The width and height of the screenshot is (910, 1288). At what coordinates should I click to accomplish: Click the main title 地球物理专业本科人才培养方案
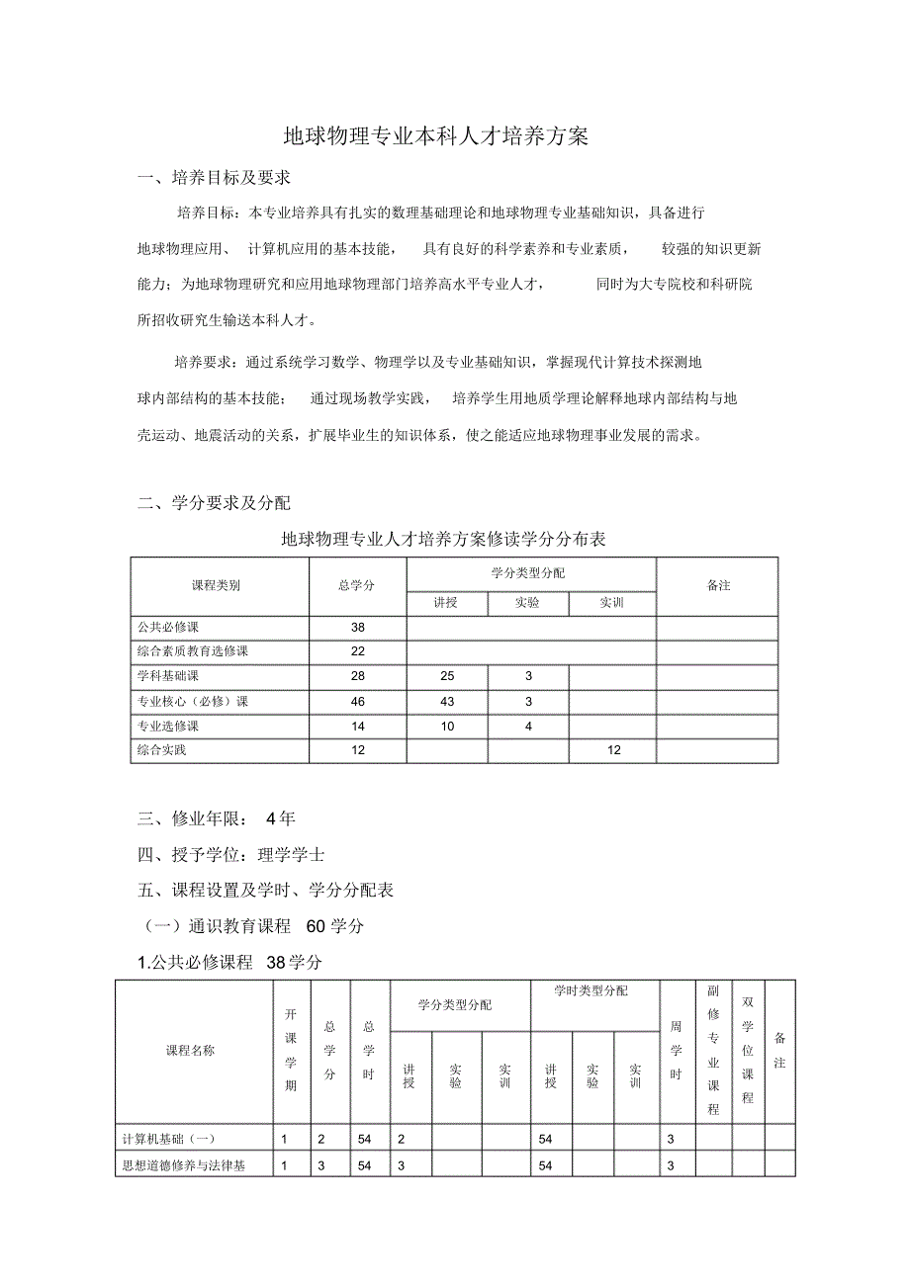pos(436,136)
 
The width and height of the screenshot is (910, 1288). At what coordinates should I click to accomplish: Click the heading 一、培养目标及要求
pos(214,178)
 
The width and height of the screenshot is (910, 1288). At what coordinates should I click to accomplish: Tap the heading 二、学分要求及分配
pos(214,503)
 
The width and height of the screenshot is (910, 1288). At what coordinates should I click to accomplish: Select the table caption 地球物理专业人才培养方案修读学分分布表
pos(443,539)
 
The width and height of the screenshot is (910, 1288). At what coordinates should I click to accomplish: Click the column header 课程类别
pos(216,585)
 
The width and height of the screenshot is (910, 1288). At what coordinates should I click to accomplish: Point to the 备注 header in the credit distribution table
pos(718,585)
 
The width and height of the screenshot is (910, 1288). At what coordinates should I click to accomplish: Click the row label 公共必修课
pos(167,627)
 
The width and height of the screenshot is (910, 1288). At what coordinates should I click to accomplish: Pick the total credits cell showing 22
pos(357,651)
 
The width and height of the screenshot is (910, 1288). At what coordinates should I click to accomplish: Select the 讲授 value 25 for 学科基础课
pos(447,676)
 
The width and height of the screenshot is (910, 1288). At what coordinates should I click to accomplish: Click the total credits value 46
pos(357,701)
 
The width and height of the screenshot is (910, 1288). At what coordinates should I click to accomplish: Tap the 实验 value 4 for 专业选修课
pos(528,726)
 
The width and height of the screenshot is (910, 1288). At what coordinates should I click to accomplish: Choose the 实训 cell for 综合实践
pos(613,750)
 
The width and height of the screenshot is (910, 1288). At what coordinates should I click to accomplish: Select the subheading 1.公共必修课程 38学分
pos(229,962)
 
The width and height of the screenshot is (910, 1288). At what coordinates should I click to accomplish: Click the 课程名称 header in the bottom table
pos(190,1051)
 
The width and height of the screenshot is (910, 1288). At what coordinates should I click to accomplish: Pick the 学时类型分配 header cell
pos(592,990)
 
